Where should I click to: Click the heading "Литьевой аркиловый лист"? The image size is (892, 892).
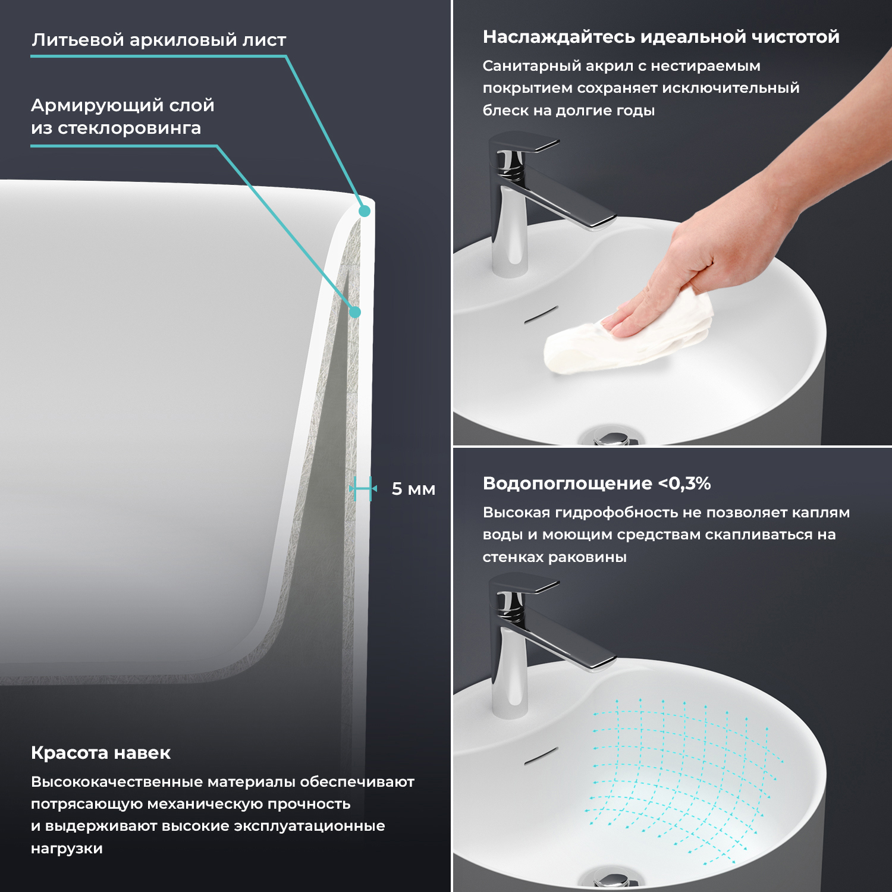point(159,40)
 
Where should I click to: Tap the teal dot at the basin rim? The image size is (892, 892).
point(365,211)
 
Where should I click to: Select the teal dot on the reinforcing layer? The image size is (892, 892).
point(355,312)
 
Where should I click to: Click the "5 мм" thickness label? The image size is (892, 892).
point(413,489)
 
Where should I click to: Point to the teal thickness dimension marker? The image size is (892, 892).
point(363,489)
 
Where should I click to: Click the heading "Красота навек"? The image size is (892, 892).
point(100,753)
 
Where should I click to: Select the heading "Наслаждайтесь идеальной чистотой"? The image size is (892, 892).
point(661,37)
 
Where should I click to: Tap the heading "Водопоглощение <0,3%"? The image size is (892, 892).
point(596,483)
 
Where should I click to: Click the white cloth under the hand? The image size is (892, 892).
point(627,336)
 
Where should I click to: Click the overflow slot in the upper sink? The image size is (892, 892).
point(541,315)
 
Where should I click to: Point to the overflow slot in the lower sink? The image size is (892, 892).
point(541,755)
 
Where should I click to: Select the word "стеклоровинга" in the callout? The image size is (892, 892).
point(129,128)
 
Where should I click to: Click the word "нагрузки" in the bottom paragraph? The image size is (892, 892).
point(67,849)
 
